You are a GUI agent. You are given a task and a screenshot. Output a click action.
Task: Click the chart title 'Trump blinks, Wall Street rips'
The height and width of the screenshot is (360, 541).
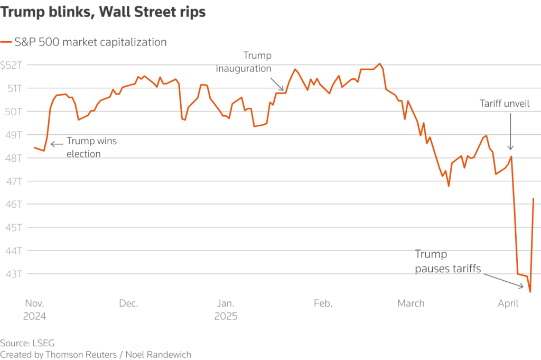click(103, 13)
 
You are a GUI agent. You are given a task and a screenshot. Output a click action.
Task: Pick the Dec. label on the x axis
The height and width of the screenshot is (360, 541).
click(128, 303)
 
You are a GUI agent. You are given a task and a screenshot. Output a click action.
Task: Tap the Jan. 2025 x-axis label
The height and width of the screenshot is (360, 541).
click(226, 310)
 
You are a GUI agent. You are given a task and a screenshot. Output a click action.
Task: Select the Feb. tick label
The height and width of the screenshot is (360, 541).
click(323, 303)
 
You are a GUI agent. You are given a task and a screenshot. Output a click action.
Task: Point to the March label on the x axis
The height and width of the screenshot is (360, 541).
click(411, 303)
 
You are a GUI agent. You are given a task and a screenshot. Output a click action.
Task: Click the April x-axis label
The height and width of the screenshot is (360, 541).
click(508, 303)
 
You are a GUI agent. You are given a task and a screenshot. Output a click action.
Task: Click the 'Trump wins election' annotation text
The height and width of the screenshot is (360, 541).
click(91, 147)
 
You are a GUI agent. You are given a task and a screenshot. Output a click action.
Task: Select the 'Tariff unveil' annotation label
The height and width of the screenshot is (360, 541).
click(505, 104)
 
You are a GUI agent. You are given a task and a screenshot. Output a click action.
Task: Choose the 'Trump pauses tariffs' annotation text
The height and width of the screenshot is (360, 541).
click(447, 262)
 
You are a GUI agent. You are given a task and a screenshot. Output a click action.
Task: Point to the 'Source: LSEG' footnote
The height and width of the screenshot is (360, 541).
click(27, 343)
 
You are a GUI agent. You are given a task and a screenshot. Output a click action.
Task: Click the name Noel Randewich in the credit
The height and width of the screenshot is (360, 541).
click(158, 354)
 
